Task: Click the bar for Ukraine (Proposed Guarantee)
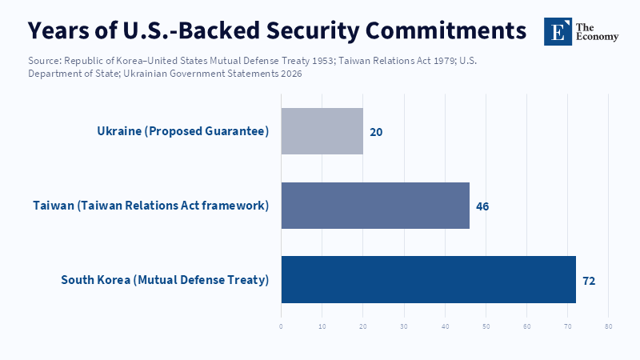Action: (x=322, y=131)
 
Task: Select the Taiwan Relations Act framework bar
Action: (x=374, y=206)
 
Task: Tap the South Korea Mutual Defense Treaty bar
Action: (x=428, y=280)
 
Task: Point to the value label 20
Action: (x=376, y=132)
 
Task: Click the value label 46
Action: (x=482, y=206)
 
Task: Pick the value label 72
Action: (x=589, y=281)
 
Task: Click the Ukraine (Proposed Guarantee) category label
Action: (x=182, y=131)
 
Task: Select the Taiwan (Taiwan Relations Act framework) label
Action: (x=150, y=206)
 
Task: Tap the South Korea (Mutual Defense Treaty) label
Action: (x=165, y=280)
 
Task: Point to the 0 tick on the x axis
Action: (x=281, y=326)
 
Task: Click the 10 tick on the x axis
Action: (x=322, y=326)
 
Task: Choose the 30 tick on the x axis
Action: (x=404, y=326)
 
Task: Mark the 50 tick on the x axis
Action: (x=486, y=326)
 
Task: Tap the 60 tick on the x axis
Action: (x=527, y=326)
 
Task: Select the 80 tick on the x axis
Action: (x=609, y=326)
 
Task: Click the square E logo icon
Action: (x=558, y=31)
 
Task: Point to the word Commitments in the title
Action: (x=449, y=30)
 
